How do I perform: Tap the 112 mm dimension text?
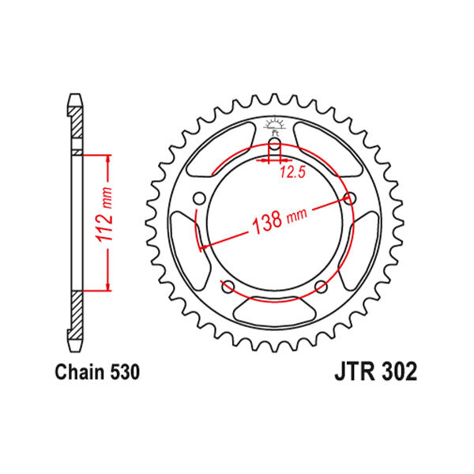click(104, 214)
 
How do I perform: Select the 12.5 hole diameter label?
click(292, 172)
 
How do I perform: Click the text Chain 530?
click(97, 372)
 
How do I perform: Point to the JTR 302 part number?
click(375, 372)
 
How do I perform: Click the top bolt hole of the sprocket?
click(274, 145)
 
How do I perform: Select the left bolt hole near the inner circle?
click(199, 199)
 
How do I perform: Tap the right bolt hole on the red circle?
click(350, 198)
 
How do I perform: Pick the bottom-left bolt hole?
click(228, 287)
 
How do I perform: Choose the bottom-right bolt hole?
click(321, 287)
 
